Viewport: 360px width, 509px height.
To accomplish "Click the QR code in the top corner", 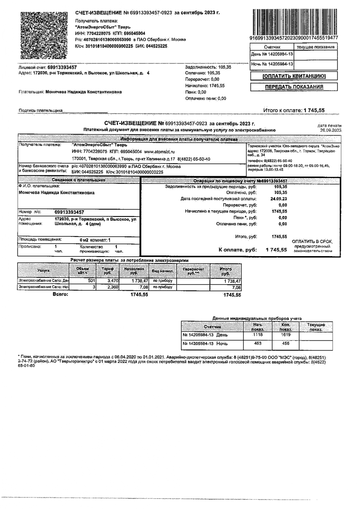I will pos(44,36).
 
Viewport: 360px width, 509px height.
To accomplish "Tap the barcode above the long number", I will pos(294,22).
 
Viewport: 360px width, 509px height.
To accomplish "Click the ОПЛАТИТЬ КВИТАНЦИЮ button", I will pos(294,76).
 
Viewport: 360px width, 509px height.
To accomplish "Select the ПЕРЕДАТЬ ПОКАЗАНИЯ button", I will pos(294,87).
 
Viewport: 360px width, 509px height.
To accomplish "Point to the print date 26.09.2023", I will pos(331,130).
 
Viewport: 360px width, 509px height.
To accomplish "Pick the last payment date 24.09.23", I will pos(279,199).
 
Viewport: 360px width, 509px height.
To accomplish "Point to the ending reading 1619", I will pos(286,335).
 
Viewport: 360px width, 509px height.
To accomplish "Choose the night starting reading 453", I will pos(258,344).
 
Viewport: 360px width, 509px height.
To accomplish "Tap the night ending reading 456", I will pos(286,344).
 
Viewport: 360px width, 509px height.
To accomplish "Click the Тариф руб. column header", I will pos(108,271).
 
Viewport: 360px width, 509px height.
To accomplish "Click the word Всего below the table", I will pos(60,295).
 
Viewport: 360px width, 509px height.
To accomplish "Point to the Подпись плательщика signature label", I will pos(40,111).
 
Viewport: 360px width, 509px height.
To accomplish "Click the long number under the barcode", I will pos(294,38).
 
